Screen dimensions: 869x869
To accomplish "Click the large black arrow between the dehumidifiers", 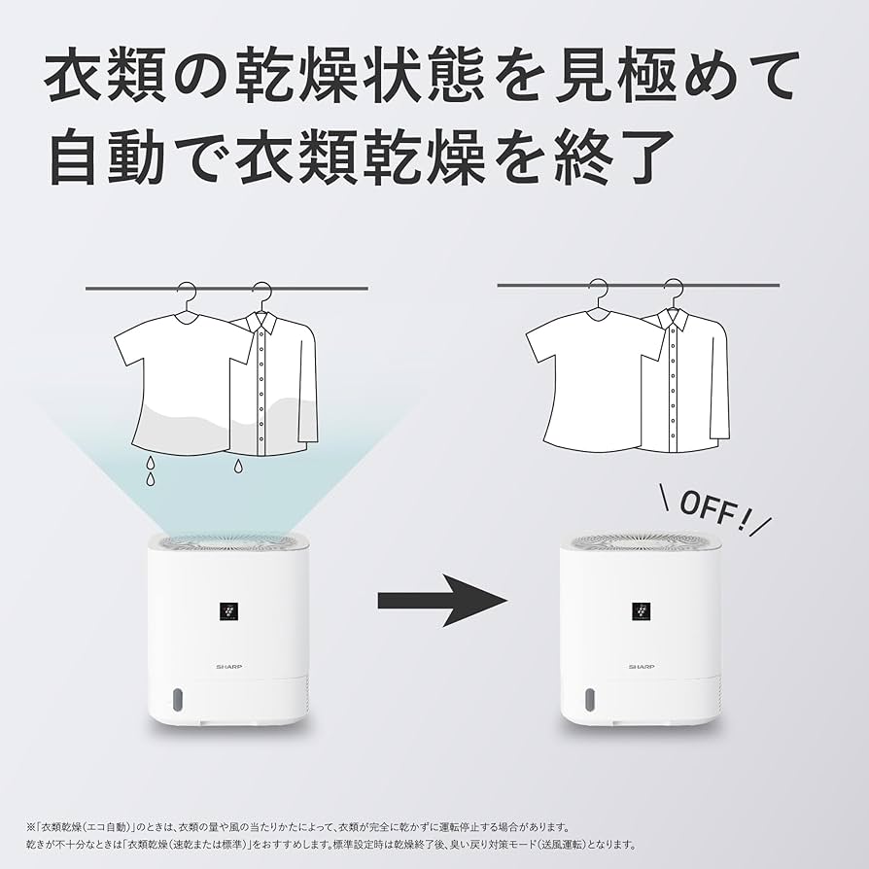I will (442, 601).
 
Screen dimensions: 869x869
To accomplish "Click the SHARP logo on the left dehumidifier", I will (228, 667).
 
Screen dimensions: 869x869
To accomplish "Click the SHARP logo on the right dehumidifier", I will (642, 668).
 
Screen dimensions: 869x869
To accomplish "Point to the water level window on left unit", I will (177, 700).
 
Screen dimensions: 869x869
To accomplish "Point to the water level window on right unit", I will (590, 700).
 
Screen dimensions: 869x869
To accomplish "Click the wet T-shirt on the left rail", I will (180, 384).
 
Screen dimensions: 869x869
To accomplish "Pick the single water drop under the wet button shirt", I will (238, 468).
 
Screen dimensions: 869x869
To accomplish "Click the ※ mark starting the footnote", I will (31, 827).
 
